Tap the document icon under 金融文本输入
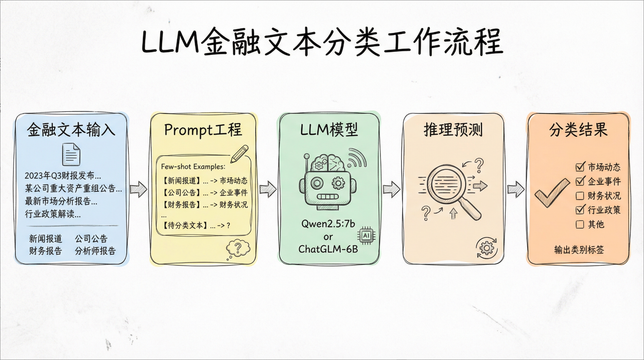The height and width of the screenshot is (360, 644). tap(71, 154)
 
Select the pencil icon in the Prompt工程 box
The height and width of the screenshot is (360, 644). tap(240, 154)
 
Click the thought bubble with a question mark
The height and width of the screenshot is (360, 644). tap(238, 248)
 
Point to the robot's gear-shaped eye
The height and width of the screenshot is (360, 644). tap(338, 183)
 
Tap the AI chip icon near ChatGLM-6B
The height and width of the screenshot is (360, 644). tap(366, 235)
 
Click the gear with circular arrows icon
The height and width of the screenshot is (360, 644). tap(487, 248)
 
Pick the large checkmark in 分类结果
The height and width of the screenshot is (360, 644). tap(552, 192)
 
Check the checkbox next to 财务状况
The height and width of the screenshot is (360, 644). tap(580, 196)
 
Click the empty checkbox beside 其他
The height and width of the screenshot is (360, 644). tap(580, 224)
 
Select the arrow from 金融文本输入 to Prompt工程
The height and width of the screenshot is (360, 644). tap(138, 189)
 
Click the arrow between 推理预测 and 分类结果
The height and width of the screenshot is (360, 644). tap(516, 189)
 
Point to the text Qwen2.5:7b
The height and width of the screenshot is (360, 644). tap(328, 224)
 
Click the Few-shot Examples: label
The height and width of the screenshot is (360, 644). tap(193, 167)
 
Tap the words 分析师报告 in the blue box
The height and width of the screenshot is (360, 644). tap(95, 251)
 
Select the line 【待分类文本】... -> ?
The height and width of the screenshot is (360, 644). tap(197, 225)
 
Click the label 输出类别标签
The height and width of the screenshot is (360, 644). tap(579, 250)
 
